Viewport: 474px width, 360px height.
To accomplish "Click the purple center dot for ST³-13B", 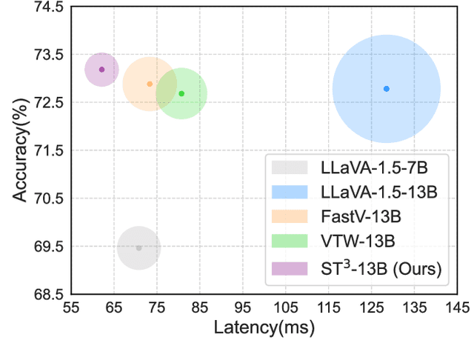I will point(101,69).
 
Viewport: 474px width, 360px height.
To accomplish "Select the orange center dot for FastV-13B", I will point(150,84).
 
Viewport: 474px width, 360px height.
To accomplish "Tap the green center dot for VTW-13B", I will point(181,93).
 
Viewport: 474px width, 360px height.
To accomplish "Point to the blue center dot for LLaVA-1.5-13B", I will point(386,89).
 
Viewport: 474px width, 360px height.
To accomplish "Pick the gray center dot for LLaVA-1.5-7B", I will point(138,247).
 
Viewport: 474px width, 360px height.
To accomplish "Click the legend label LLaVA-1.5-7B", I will point(364,167).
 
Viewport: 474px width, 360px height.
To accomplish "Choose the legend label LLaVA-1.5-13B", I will point(367,192).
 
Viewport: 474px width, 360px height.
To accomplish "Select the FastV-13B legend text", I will point(354,217).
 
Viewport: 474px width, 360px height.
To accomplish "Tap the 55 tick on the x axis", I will point(71,307).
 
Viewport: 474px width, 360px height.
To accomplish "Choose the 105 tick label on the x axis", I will point(286,307).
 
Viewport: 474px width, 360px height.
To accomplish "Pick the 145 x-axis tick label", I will point(457,307).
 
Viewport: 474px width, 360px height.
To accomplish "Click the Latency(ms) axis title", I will point(264,326).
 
